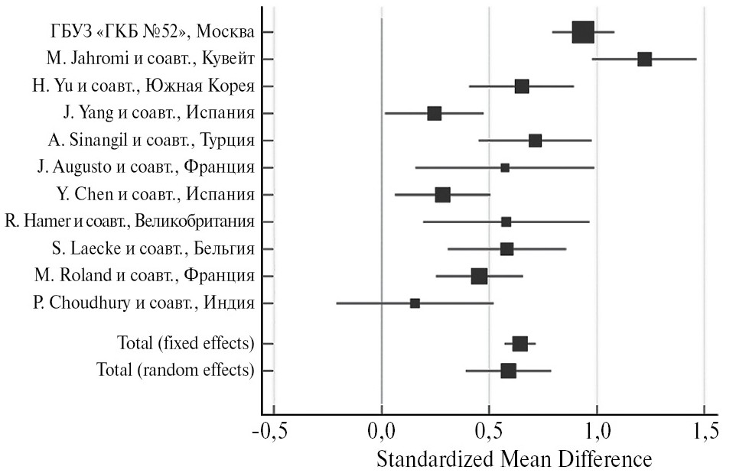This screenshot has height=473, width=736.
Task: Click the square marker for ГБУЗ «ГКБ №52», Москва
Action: (x=583, y=32)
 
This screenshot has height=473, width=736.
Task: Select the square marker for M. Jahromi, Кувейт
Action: (x=644, y=60)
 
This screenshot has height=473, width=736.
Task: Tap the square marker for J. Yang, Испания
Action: (x=434, y=113)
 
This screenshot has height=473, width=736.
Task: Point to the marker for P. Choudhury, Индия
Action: (x=415, y=303)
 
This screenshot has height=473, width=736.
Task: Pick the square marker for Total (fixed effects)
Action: (x=519, y=344)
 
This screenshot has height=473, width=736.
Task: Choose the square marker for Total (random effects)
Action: (x=508, y=371)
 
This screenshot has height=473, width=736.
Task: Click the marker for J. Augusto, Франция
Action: (x=505, y=167)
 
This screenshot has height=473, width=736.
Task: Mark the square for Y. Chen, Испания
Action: (x=442, y=195)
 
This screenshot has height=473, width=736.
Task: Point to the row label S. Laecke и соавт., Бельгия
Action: (x=151, y=248)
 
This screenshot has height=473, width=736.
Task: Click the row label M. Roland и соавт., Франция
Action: (x=145, y=275)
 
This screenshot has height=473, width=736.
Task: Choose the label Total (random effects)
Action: (x=175, y=371)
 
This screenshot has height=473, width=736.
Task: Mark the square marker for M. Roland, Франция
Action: (x=479, y=276)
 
